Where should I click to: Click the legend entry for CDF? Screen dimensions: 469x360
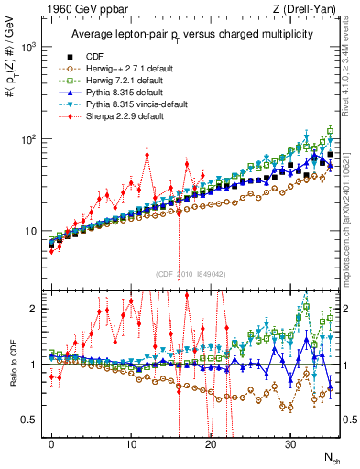(x=93, y=56)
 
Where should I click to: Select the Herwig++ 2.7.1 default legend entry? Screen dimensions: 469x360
(x=118, y=68)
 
